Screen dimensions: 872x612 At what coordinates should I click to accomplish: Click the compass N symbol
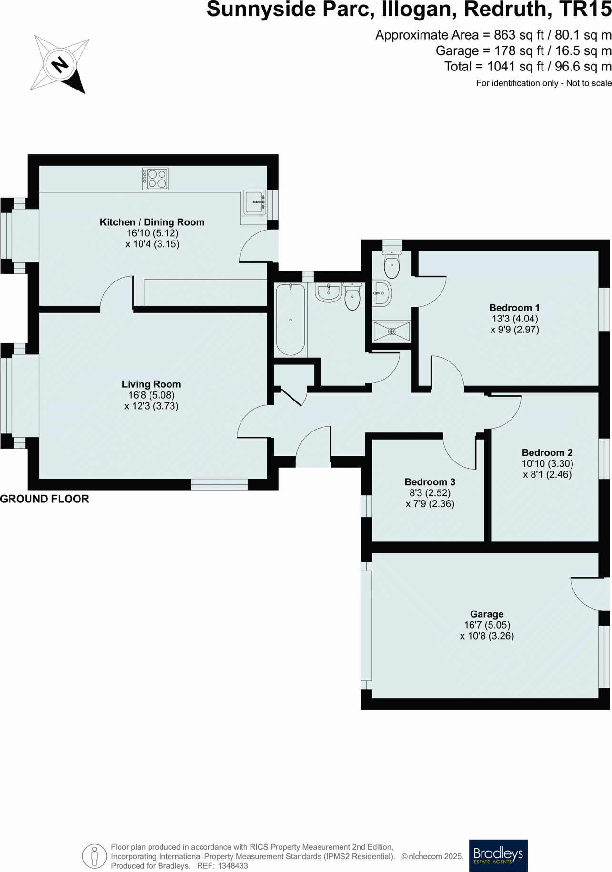[60, 64]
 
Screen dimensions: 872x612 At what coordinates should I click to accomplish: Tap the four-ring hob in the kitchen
[155, 179]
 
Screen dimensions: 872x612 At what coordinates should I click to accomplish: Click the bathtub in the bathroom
[291, 319]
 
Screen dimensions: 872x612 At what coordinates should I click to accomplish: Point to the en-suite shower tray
[391, 331]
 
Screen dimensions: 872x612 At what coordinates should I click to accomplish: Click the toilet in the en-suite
[391, 265]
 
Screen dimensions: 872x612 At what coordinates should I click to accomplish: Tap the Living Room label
[151, 384]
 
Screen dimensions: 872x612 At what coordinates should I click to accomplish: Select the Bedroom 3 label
[430, 482]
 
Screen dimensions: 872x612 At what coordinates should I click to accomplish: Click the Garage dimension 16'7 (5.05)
[487, 625]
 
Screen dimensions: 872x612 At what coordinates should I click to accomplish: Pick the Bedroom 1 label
[514, 308]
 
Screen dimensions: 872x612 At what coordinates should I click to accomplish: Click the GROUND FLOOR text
[44, 499]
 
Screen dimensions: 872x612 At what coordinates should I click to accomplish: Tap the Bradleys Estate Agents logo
[498, 855]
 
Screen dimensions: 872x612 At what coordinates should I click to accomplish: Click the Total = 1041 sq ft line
[527, 67]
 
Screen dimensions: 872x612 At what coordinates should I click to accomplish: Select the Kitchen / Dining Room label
[152, 222]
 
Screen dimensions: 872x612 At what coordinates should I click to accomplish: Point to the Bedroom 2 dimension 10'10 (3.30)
[547, 463]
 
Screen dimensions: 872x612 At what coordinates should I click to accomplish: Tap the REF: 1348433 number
[222, 866]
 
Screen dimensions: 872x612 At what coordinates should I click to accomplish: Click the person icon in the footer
[94, 856]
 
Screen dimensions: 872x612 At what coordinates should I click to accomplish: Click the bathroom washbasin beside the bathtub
[329, 292]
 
